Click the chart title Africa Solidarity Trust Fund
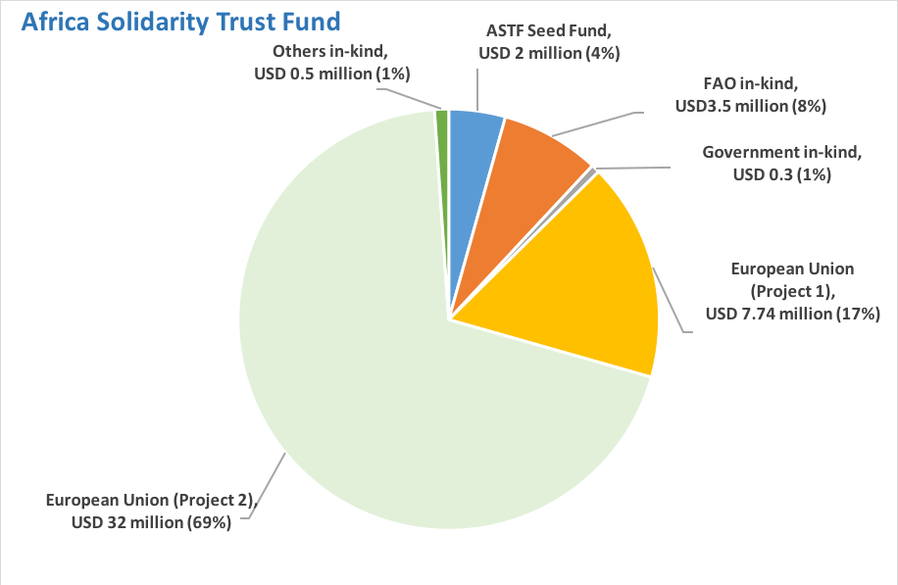pyautogui.click(x=181, y=22)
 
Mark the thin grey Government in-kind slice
pyautogui.click(x=591, y=172)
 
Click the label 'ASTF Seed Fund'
pyautogui.click(x=548, y=30)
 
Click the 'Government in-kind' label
pyautogui.click(x=781, y=152)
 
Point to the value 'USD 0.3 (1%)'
pyautogui.click(x=781, y=174)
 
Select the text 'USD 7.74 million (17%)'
pyautogui.click(x=793, y=314)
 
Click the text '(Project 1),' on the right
pyautogui.click(x=793, y=291)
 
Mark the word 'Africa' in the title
pyautogui.click(x=57, y=22)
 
